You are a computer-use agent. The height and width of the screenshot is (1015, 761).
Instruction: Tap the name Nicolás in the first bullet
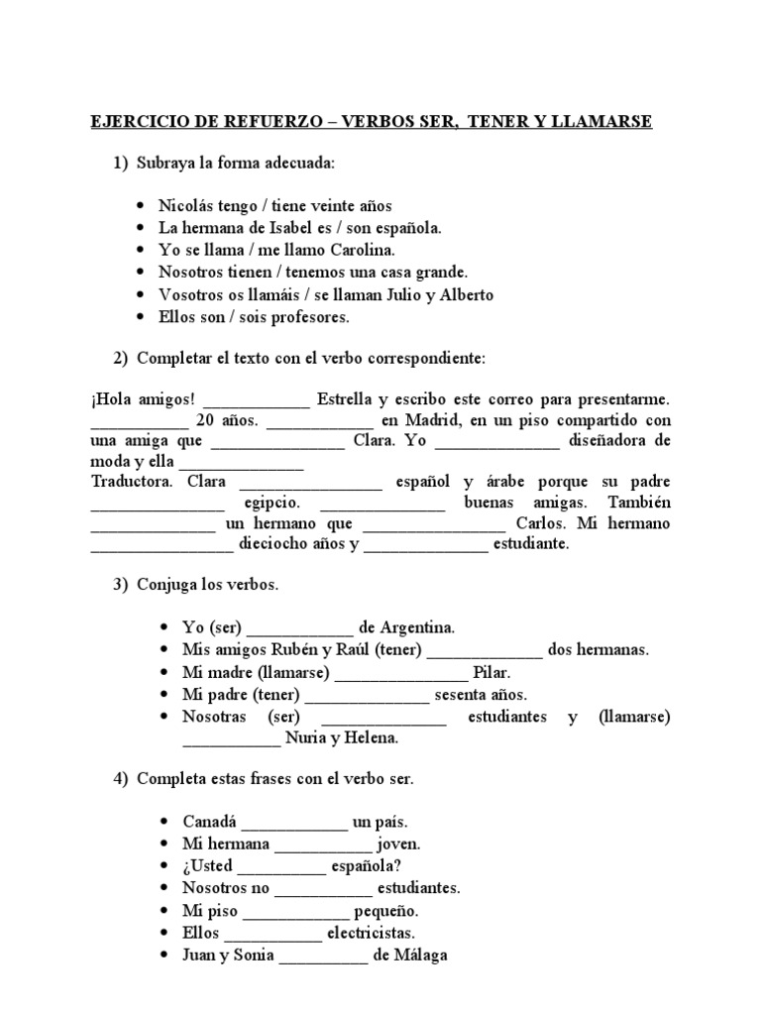click(186, 206)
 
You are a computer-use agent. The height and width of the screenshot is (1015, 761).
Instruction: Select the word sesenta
click(461, 695)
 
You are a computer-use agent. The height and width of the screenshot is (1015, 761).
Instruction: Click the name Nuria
click(309, 738)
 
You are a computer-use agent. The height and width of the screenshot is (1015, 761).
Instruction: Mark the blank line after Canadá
click(294, 823)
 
